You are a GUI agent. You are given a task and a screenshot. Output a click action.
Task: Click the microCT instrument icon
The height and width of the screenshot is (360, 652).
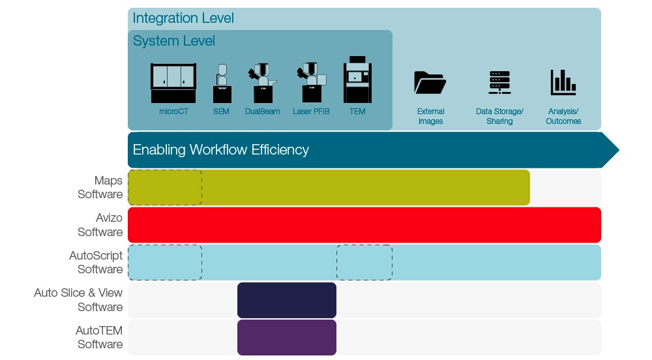[173, 83]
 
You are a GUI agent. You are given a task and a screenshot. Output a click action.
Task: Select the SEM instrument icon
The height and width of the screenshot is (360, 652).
[222, 83]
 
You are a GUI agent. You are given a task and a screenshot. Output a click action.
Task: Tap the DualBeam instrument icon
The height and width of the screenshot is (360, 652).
[262, 83]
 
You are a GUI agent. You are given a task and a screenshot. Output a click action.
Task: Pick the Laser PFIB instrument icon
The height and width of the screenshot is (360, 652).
[311, 83]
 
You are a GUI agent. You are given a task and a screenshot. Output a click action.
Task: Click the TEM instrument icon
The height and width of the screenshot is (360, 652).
[357, 80]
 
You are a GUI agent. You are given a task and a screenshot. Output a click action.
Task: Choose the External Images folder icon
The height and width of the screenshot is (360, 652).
[430, 83]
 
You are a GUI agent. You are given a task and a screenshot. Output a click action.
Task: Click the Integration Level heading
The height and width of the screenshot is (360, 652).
[183, 18]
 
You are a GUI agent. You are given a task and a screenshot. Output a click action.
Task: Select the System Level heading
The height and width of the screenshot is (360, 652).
[174, 41]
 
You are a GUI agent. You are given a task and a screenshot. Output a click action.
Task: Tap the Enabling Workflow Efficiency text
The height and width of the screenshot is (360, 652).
[221, 150]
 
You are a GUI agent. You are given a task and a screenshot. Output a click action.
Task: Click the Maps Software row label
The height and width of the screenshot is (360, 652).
[100, 187]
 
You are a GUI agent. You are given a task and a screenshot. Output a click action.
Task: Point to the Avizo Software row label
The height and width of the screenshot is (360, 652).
[100, 225]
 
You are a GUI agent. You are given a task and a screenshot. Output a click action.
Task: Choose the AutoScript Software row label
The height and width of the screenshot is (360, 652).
[96, 262]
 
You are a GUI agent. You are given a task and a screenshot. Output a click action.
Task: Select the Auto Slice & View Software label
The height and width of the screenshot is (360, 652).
[79, 300]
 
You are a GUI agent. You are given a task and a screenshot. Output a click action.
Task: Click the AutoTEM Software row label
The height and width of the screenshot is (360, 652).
[99, 337]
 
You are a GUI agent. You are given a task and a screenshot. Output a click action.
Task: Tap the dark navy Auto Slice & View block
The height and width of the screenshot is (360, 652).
[287, 300]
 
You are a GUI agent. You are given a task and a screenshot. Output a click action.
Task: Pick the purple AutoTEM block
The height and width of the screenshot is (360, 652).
[287, 337]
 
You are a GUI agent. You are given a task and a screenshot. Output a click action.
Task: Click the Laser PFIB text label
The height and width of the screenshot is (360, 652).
[311, 112]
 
